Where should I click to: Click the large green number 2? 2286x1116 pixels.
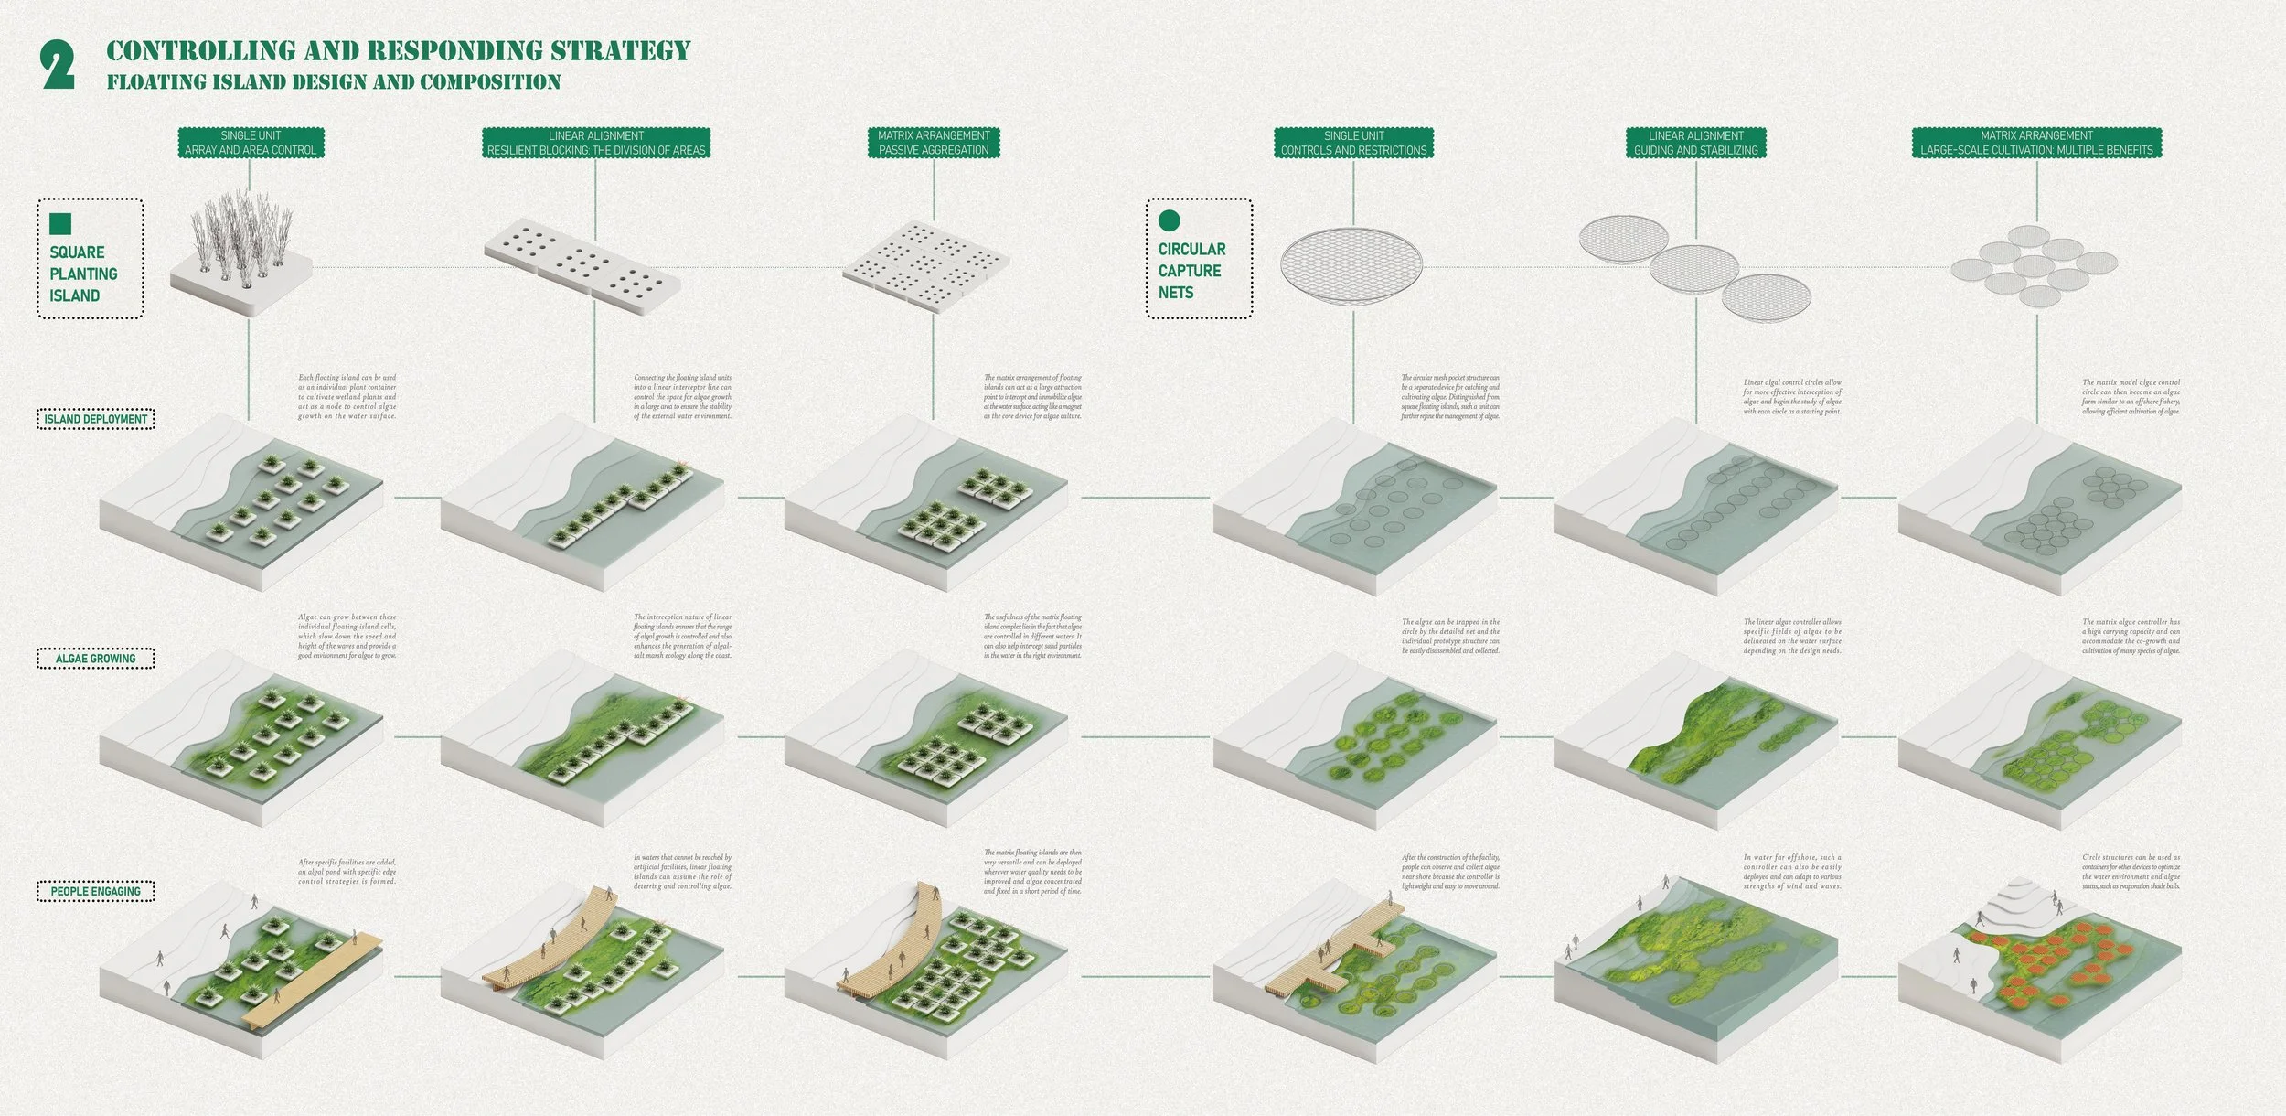point(58,67)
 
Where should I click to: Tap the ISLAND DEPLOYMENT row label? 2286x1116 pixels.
point(95,420)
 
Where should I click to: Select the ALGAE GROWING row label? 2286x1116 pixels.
point(95,659)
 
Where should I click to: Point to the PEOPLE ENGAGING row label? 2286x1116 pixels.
point(95,891)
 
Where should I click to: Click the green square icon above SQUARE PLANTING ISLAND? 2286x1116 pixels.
point(60,224)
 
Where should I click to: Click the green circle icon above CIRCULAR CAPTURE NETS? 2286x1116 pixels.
point(1169,220)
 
